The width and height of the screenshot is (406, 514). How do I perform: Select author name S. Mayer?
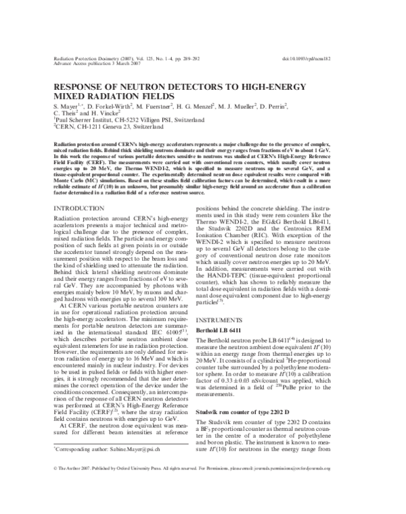pos(66,105)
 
